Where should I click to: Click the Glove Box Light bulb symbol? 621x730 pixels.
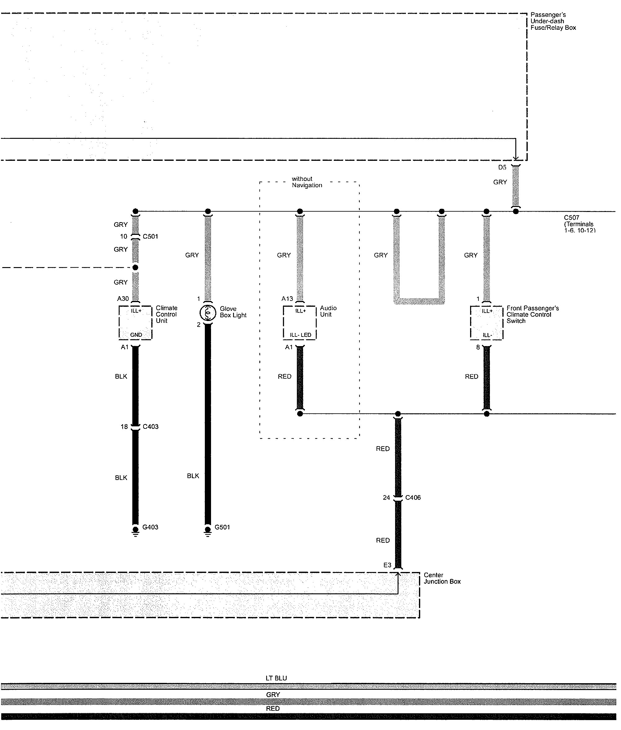click(208, 313)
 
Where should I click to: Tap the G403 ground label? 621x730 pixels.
click(150, 527)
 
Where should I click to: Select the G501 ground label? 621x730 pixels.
click(222, 527)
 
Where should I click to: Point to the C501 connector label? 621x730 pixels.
click(150, 236)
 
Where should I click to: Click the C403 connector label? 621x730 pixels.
click(150, 427)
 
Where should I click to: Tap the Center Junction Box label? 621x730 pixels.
click(442, 578)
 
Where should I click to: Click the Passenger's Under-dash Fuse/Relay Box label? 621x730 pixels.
click(553, 21)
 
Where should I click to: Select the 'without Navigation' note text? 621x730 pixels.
click(307, 182)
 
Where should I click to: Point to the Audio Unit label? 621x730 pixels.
click(328, 311)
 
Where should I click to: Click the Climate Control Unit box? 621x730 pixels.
click(135, 323)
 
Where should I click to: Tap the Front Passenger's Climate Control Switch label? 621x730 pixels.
click(532, 314)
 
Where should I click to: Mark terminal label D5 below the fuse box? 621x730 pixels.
click(502, 167)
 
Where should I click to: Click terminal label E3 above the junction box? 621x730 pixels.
click(387, 565)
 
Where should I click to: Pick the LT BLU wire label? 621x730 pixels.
click(276, 678)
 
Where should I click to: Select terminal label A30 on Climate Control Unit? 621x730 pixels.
click(123, 298)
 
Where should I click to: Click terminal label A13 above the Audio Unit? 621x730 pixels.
click(287, 298)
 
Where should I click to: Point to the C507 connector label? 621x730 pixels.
click(571, 218)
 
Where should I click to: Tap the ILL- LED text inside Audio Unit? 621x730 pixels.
click(300, 335)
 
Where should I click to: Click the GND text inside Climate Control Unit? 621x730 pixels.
click(136, 335)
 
